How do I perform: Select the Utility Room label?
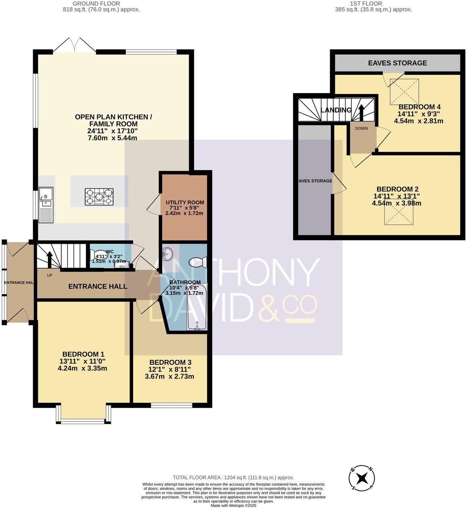click(185, 203)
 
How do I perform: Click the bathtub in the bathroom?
click(197, 307)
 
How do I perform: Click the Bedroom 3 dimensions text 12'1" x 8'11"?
click(169, 369)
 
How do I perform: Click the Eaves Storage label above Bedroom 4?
click(397, 63)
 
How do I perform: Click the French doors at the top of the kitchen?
click(74, 45)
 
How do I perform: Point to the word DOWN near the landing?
click(361, 128)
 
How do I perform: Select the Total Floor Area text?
click(233, 477)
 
